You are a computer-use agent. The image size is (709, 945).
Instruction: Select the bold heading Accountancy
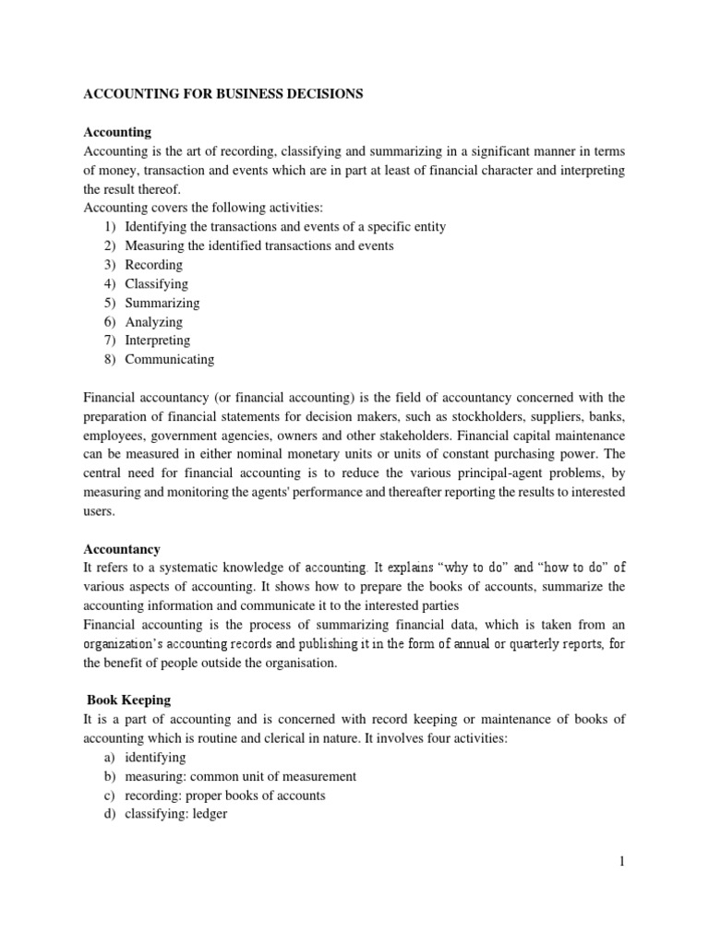pos(122,548)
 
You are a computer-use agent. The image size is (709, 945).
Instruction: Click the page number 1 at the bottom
pos(622,861)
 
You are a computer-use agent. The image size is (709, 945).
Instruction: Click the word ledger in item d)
pos(207,814)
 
